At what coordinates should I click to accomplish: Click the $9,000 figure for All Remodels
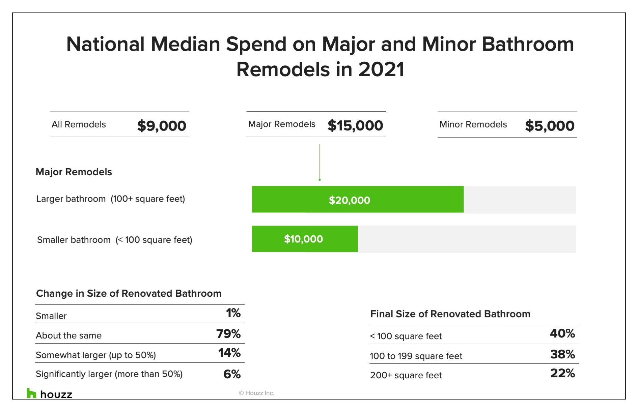pos(162,126)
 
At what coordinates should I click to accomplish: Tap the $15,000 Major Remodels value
pos(355,125)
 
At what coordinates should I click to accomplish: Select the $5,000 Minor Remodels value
pos(550,126)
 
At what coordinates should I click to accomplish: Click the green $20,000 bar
pos(358,199)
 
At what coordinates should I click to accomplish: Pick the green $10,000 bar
pos(305,239)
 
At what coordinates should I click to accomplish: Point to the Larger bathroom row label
pos(111,199)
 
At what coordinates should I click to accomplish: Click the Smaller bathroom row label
pos(115,240)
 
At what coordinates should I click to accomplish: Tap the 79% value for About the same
pos(228,334)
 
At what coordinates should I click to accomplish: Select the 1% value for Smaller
pos(233,313)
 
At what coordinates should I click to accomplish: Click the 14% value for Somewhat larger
pos(229,353)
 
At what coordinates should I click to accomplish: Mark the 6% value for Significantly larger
pos(232,374)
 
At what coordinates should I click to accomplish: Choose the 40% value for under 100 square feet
pos(562,333)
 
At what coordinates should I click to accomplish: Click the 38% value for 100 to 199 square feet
pos(562,354)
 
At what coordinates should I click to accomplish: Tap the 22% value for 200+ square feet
pos(562,373)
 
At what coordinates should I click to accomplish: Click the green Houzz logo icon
pos(31,393)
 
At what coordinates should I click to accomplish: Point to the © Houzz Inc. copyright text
pos(256,393)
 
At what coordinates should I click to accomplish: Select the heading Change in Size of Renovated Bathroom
pos(129,293)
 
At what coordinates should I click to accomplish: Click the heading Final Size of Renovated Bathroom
pos(450,314)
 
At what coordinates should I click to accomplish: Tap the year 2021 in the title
pos(381,69)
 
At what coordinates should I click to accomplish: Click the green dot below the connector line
pos(320,180)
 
